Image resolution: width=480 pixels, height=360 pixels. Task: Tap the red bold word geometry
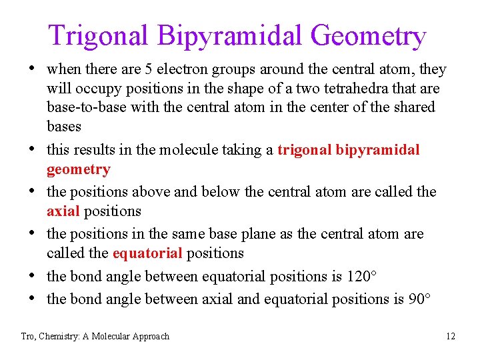[78, 169]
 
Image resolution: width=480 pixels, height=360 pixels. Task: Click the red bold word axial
[63, 211]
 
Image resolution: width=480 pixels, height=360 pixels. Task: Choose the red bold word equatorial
[147, 253]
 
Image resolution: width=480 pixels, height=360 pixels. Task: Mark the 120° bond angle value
[362, 276]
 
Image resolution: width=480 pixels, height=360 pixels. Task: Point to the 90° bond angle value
[418, 299]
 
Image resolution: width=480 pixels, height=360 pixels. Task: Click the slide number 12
[451, 336]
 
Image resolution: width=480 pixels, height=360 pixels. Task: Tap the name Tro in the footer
[28, 336]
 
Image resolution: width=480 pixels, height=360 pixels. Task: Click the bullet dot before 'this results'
[31, 149]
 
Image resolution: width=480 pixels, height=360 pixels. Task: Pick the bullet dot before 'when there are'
[31, 69]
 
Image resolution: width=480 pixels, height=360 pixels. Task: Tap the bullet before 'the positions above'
[31, 191]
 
